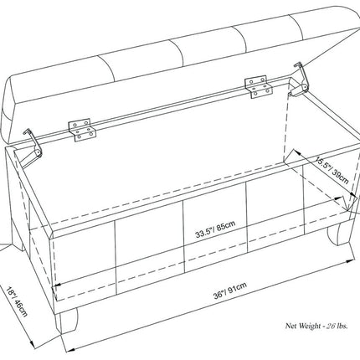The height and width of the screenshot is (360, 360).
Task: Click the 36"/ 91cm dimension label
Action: click(x=230, y=291)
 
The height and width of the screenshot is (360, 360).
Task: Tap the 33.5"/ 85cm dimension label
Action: click(x=215, y=229)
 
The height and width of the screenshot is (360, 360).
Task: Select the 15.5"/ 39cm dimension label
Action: click(x=332, y=170)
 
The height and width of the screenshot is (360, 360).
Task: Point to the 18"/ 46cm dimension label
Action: click(x=17, y=301)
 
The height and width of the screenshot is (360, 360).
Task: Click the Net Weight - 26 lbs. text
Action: click(x=316, y=326)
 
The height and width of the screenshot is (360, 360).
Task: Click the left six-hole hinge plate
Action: click(x=82, y=130)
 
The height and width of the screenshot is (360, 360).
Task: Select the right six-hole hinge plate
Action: click(x=259, y=86)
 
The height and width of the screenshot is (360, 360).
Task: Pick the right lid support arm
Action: click(x=300, y=80)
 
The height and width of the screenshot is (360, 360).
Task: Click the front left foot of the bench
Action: click(x=67, y=321)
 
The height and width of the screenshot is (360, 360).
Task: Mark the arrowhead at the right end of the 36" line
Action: click(x=351, y=261)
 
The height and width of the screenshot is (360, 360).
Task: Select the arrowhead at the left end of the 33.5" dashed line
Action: click(x=57, y=285)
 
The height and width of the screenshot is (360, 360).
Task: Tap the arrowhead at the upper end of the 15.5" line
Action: click(x=296, y=152)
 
